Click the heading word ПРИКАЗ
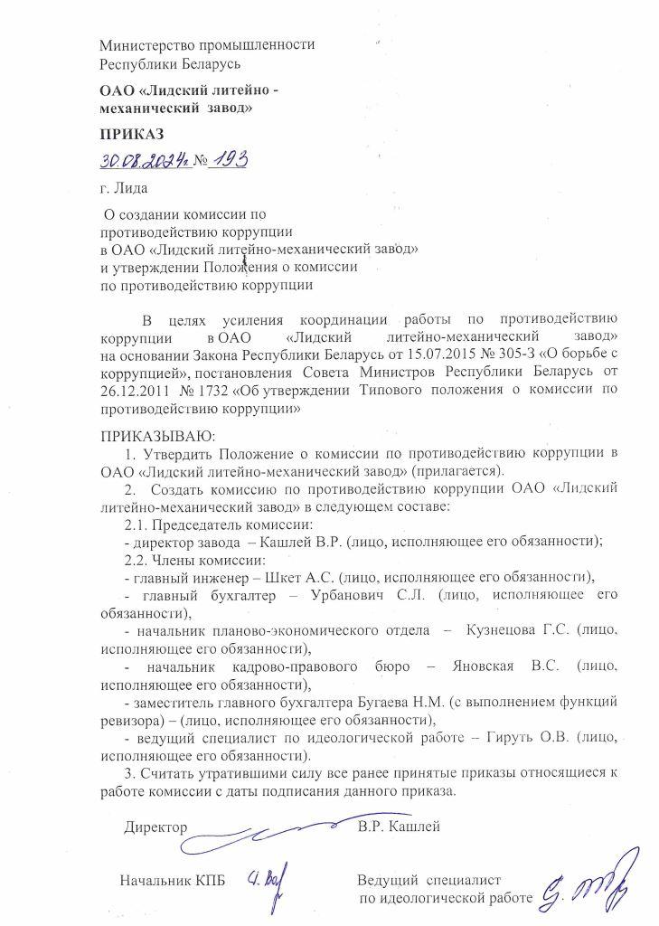[132, 134]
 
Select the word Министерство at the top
[148, 45]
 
